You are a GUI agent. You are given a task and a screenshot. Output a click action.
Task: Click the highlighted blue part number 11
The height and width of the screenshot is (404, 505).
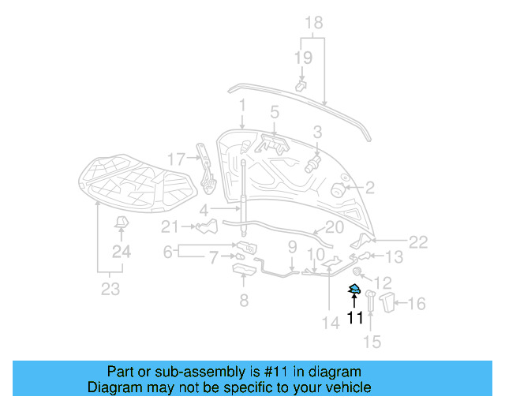pos(355,289)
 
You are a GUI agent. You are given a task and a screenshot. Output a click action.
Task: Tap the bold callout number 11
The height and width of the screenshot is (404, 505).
pos(355,318)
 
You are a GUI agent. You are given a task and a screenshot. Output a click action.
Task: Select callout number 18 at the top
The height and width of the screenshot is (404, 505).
pos(313,22)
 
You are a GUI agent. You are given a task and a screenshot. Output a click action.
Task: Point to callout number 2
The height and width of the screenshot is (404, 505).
pos(369,188)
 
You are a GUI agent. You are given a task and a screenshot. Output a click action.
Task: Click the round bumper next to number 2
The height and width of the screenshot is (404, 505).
pos(335,189)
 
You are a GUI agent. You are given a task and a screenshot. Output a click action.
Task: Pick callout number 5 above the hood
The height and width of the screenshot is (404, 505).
pos(275,112)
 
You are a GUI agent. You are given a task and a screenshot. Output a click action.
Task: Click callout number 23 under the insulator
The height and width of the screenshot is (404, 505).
pos(110,289)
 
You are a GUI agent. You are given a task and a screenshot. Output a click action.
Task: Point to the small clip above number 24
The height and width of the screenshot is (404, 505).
pos(121,223)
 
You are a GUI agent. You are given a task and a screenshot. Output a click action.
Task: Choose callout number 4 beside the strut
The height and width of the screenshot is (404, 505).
pos(204,211)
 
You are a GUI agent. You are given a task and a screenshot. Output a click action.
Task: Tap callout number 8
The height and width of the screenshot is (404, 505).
pos(244,300)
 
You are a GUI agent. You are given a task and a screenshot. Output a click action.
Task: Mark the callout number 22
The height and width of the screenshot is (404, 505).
pos(418,242)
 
